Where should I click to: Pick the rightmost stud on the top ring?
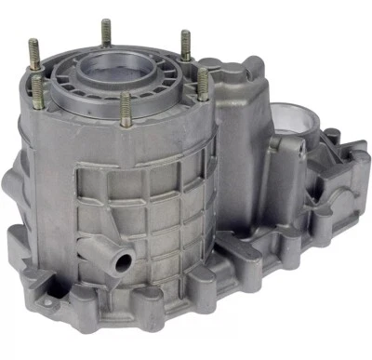point(203,85)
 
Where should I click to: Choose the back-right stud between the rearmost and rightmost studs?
point(185,47)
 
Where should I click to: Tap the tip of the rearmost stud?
point(105,22)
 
